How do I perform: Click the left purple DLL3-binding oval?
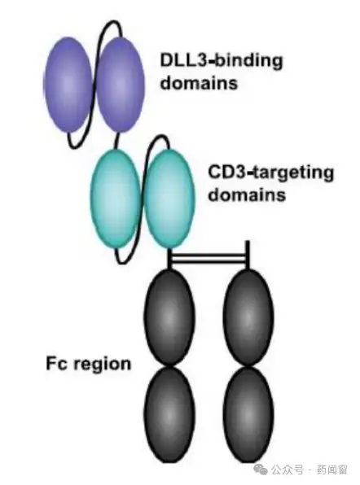point(68,85)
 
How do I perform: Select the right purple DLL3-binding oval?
point(120,84)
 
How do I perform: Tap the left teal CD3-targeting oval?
point(115,198)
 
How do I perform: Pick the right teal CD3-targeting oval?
point(169,199)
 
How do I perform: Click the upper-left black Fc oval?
point(169,317)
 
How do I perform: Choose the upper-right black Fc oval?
point(248,317)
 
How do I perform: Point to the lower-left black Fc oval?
point(169,414)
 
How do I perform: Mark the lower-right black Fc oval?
point(248,414)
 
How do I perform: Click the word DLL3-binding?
point(222,60)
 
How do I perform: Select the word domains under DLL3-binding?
point(199,83)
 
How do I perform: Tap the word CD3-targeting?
point(271,173)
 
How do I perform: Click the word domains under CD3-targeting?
point(247,194)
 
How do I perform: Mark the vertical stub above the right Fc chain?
point(248,255)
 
